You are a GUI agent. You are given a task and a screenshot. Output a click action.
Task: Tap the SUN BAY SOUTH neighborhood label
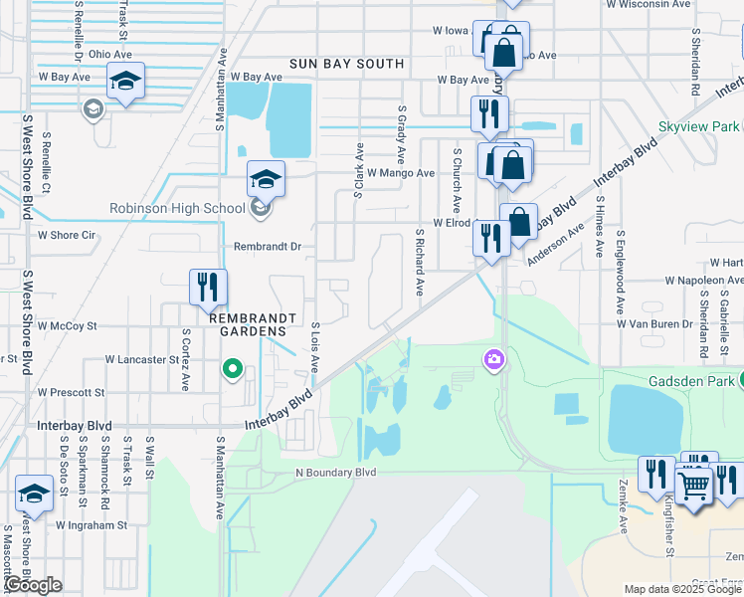point(346,64)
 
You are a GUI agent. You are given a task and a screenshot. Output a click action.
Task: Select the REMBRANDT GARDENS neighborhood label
point(253,317)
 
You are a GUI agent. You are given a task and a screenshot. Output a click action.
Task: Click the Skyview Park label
point(698,127)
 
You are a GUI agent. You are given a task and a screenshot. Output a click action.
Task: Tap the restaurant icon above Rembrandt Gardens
point(209,287)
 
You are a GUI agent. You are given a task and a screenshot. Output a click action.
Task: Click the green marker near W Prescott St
point(233,370)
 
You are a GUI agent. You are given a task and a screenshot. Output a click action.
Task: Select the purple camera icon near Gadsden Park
point(494,359)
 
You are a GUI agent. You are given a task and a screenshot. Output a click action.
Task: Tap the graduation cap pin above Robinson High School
point(266,179)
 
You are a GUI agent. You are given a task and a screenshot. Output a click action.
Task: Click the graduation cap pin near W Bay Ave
point(125,82)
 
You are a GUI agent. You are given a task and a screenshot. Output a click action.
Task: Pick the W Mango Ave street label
point(401,173)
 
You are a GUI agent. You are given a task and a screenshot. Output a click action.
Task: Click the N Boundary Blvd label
point(336,472)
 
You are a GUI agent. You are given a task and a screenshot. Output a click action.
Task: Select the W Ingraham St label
point(92,524)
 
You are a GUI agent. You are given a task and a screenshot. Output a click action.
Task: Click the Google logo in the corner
point(32,585)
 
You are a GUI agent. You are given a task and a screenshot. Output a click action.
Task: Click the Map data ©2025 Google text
point(681,589)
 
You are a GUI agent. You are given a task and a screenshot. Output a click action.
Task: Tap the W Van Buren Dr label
point(653,324)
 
